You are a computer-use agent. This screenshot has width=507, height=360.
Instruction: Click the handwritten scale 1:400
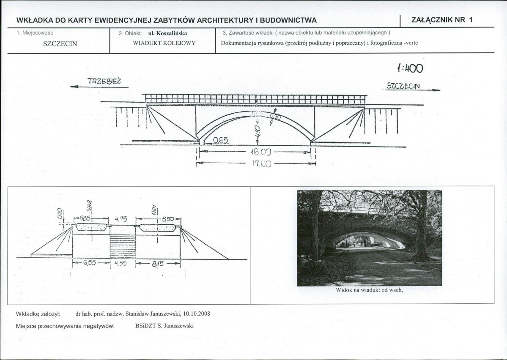(410, 68)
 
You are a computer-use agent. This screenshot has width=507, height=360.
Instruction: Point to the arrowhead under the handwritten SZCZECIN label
(436, 90)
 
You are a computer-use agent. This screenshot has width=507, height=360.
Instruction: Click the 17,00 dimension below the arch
(261, 164)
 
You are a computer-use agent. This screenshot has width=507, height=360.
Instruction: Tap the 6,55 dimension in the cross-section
(89, 263)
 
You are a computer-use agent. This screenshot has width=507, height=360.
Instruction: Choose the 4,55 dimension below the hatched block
(121, 263)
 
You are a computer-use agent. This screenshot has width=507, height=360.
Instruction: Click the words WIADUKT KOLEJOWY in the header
(164, 43)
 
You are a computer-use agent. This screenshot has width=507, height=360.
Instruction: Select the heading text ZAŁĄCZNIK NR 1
(441, 20)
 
